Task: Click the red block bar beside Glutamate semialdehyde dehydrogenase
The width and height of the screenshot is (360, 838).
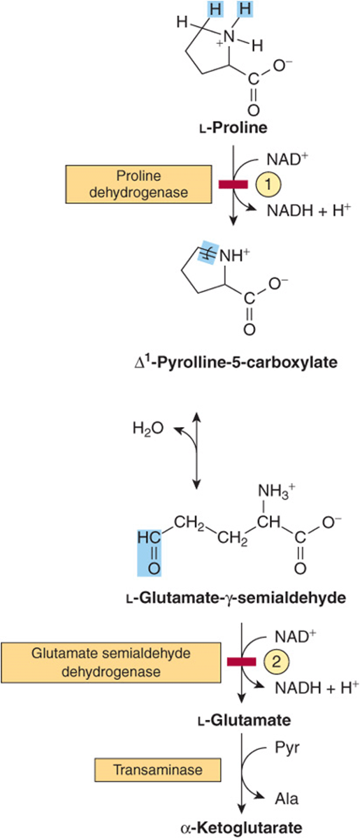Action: [x=243, y=663]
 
